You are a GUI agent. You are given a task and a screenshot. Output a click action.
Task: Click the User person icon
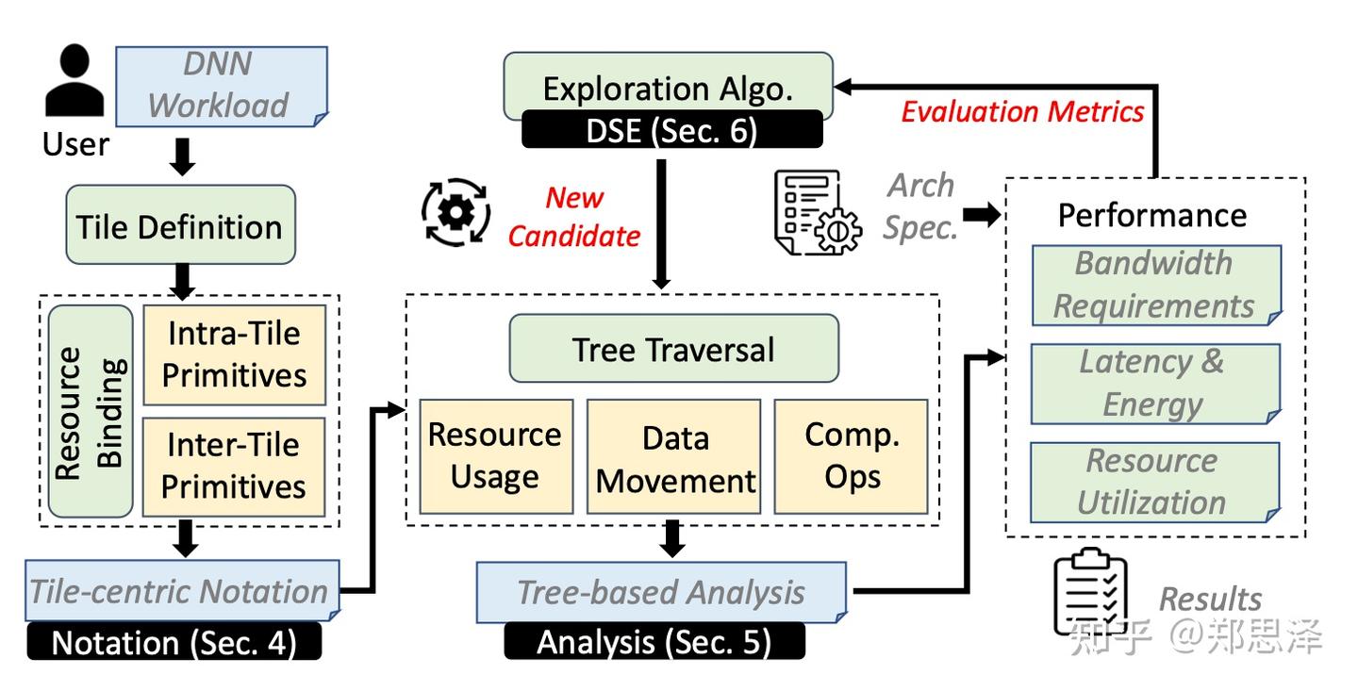click(x=75, y=80)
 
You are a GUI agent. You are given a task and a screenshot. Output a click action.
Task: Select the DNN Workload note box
click(x=222, y=86)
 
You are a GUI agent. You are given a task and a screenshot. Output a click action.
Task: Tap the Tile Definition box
click(x=181, y=225)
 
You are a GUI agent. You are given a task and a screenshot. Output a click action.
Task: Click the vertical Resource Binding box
click(x=91, y=412)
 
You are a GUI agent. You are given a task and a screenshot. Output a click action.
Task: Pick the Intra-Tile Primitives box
click(x=235, y=355)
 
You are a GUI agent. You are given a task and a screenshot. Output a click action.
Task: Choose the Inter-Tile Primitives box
click(x=234, y=467)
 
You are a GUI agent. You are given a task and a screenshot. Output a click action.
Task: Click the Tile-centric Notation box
click(x=182, y=591)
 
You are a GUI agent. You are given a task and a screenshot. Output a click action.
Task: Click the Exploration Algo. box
click(x=668, y=86)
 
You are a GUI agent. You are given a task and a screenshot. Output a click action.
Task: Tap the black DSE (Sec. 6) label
click(x=672, y=130)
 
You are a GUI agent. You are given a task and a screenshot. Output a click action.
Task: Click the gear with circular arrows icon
click(x=455, y=212)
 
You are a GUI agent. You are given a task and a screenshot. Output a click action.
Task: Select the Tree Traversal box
click(x=674, y=349)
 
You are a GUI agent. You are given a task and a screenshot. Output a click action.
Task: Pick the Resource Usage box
click(x=496, y=456)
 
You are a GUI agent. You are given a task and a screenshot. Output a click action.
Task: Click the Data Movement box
click(x=673, y=456)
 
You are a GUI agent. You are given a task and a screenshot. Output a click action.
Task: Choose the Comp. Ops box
click(x=852, y=456)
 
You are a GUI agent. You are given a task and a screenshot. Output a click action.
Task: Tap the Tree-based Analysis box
click(x=661, y=593)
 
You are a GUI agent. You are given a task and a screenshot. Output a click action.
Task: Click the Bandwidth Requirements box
click(x=1157, y=286)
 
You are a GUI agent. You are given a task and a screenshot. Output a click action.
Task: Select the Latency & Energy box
click(x=1155, y=384)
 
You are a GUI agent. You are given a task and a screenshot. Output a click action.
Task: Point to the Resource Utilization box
click(x=1155, y=483)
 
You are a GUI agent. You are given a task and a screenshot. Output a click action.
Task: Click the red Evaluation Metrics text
click(x=1022, y=111)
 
